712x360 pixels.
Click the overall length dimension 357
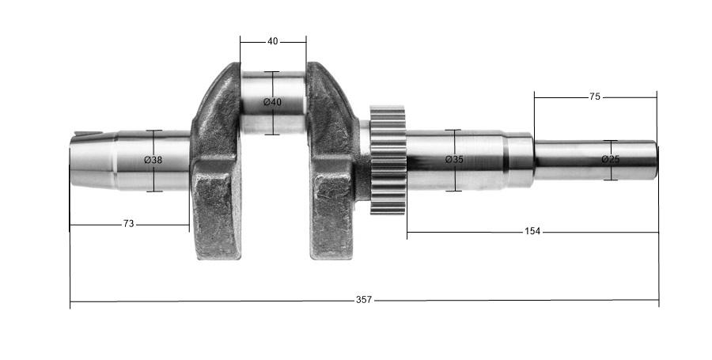(363, 300)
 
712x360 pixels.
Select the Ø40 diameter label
(272, 103)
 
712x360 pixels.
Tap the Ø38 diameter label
(153, 160)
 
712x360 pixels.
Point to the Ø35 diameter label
(453, 160)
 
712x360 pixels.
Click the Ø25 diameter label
(610, 160)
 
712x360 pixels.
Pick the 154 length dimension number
(532, 232)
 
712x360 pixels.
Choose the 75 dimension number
(595, 97)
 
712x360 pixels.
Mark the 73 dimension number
(128, 225)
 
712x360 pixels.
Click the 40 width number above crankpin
(272, 41)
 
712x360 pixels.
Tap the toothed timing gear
(388, 160)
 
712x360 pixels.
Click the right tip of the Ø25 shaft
(655, 160)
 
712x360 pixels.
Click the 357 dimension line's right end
(658, 301)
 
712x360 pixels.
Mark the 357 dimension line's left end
(70, 301)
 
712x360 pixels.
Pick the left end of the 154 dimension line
(407, 233)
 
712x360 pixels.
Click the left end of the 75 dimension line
(535, 97)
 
